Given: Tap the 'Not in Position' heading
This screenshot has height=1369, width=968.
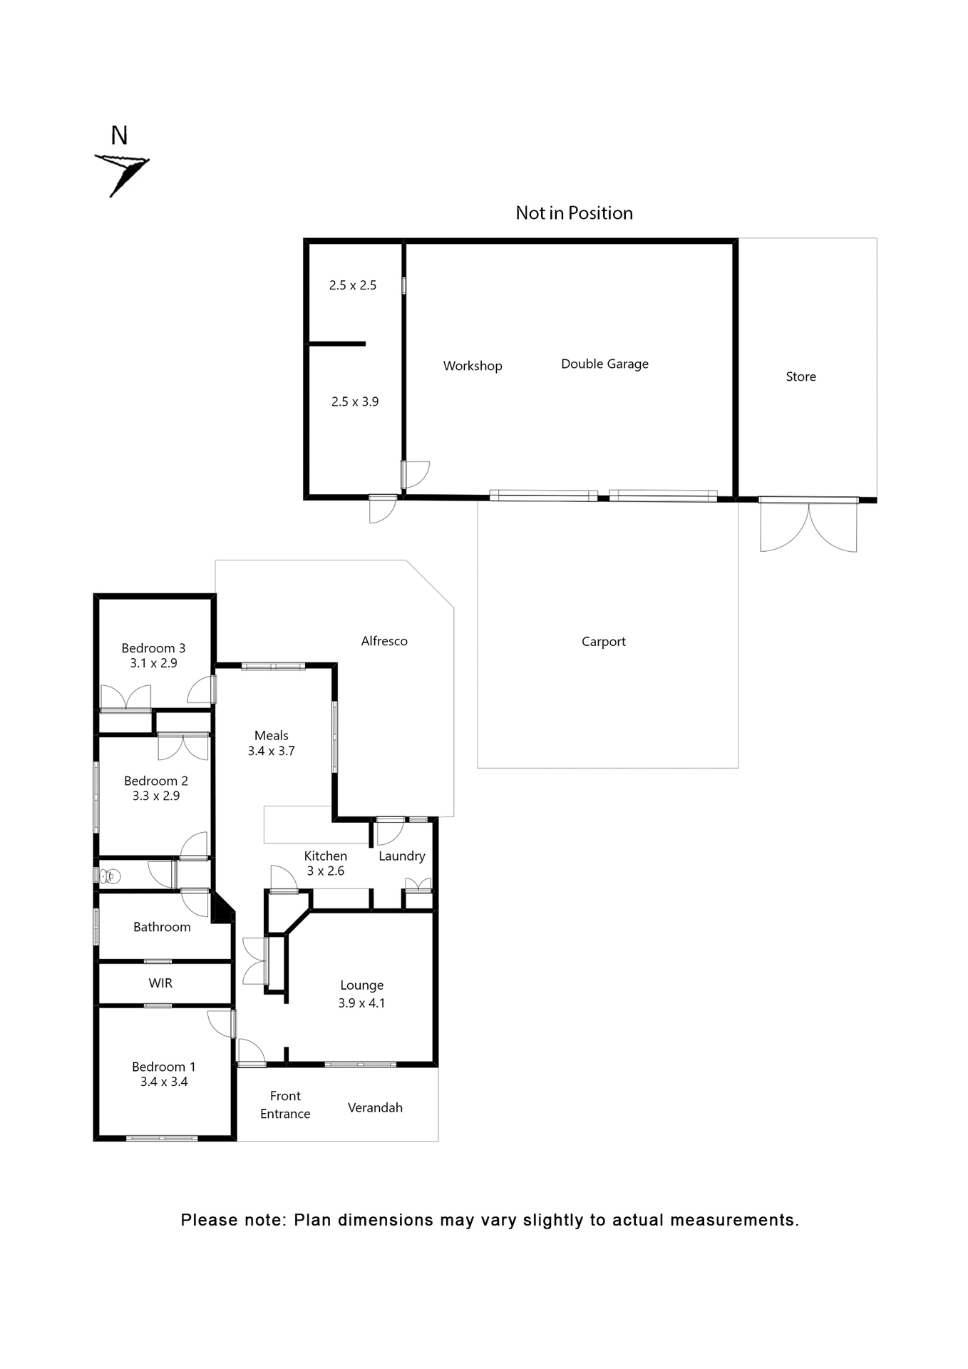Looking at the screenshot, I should point(574,213).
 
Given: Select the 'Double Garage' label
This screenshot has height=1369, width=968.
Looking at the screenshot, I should point(604,364).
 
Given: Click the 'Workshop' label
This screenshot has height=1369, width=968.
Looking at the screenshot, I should point(473,366).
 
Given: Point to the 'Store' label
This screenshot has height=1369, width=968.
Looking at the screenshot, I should point(800,376).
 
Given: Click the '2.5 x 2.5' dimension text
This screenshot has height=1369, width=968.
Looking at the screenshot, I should point(353,285).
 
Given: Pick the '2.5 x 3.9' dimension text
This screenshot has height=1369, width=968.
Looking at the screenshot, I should point(355,401).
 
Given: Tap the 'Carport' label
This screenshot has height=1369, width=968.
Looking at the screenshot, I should point(603,642).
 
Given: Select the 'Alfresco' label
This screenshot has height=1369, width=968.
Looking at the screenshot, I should point(384,641).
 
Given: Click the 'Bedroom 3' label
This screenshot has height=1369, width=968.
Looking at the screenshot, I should point(153,648).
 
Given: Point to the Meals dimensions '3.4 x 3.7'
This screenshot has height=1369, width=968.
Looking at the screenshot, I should point(271,751).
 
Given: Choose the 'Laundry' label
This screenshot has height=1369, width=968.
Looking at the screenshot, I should point(401,856).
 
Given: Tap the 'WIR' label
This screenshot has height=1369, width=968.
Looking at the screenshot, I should point(160,983).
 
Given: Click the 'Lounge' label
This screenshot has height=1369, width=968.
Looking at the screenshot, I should point(361,985).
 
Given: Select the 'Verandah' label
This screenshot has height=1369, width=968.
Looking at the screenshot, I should point(375,1107).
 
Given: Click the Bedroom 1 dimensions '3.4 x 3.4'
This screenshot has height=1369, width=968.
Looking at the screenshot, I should point(164,1082).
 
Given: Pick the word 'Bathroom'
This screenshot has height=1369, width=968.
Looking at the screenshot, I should point(162,927).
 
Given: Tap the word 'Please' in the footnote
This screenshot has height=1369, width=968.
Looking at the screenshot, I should point(208,1220).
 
